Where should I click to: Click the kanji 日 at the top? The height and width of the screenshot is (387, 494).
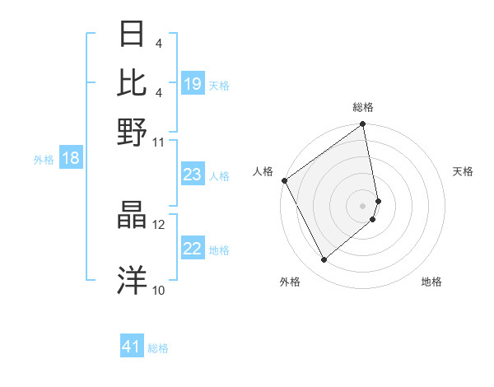[132, 35]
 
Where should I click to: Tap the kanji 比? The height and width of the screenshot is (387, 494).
[132, 82]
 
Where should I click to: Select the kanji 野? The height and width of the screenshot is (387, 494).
[132, 132]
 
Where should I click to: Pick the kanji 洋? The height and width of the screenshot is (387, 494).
[132, 278]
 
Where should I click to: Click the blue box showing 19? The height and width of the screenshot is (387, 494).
[193, 85]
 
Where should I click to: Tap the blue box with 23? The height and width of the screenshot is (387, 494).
[193, 175]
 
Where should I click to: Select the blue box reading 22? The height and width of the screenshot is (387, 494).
[193, 249]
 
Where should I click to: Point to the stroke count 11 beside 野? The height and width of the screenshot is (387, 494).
[158, 141]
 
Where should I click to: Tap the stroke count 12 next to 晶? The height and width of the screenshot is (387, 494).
[158, 223]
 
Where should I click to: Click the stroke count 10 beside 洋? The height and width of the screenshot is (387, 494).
[158, 290]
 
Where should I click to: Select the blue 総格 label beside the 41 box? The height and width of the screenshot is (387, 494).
[158, 348]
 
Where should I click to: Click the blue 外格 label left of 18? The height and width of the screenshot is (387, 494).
[44, 160]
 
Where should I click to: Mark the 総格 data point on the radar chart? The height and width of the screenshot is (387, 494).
[363, 125]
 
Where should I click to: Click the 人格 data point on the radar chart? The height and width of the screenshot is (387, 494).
[284, 180]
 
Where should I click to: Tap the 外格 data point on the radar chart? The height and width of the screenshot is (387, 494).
[324, 259]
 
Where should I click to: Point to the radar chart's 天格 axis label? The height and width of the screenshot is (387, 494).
[463, 171]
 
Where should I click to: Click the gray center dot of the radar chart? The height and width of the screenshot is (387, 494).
[363, 205]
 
